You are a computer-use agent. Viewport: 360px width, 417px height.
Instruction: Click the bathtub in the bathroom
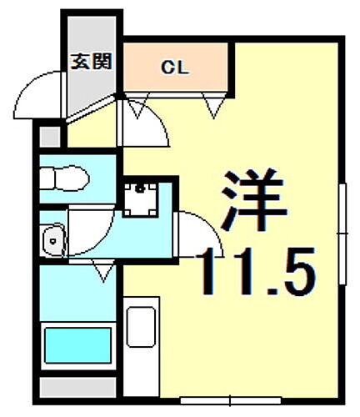click(x=77, y=345)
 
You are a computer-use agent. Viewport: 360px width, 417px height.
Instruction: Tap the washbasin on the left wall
click(x=52, y=239)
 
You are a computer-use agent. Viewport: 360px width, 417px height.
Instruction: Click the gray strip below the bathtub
click(x=77, y=387)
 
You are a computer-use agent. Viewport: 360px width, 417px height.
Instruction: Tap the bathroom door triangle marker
click(x=102, y=269)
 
